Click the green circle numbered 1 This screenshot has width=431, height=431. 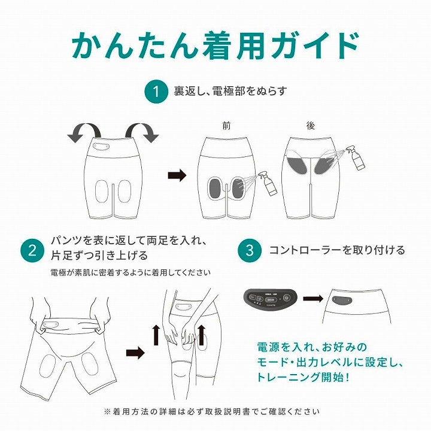(156, 92)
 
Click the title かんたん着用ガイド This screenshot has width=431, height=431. (215, 43)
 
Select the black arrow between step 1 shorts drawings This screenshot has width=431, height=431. (177, 175)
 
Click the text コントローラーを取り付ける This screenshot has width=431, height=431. (337, 250)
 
